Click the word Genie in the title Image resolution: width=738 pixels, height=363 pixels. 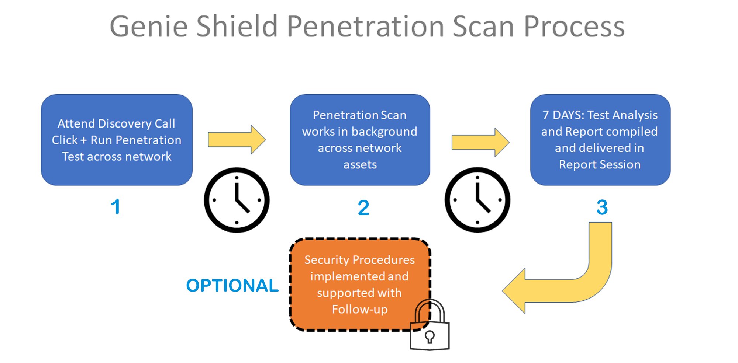(x=149, y=27)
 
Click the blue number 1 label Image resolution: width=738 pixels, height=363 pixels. (x=116, y=206)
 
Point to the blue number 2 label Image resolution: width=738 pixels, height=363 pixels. (x=363, y=207)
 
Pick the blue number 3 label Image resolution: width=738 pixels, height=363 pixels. (x=602, y=207)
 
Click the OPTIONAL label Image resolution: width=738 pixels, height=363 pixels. (x=232, y=285)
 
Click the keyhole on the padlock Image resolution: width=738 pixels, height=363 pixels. (x=430, y=337)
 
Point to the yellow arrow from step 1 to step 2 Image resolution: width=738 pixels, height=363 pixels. (x=237, y=140)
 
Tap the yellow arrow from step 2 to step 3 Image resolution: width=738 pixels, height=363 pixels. (x=480, y=143)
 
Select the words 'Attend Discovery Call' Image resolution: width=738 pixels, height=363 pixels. (x=116, y=123)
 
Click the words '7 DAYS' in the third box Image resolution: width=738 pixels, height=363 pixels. (x=563, y=115)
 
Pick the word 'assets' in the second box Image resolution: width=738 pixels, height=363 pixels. (x=360, y=164)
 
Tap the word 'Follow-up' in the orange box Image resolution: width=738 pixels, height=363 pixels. (x=360, y=309)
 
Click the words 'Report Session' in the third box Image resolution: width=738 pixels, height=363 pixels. (x=600, y=164)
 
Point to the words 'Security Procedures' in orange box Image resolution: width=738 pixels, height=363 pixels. (x=360, y=260)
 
